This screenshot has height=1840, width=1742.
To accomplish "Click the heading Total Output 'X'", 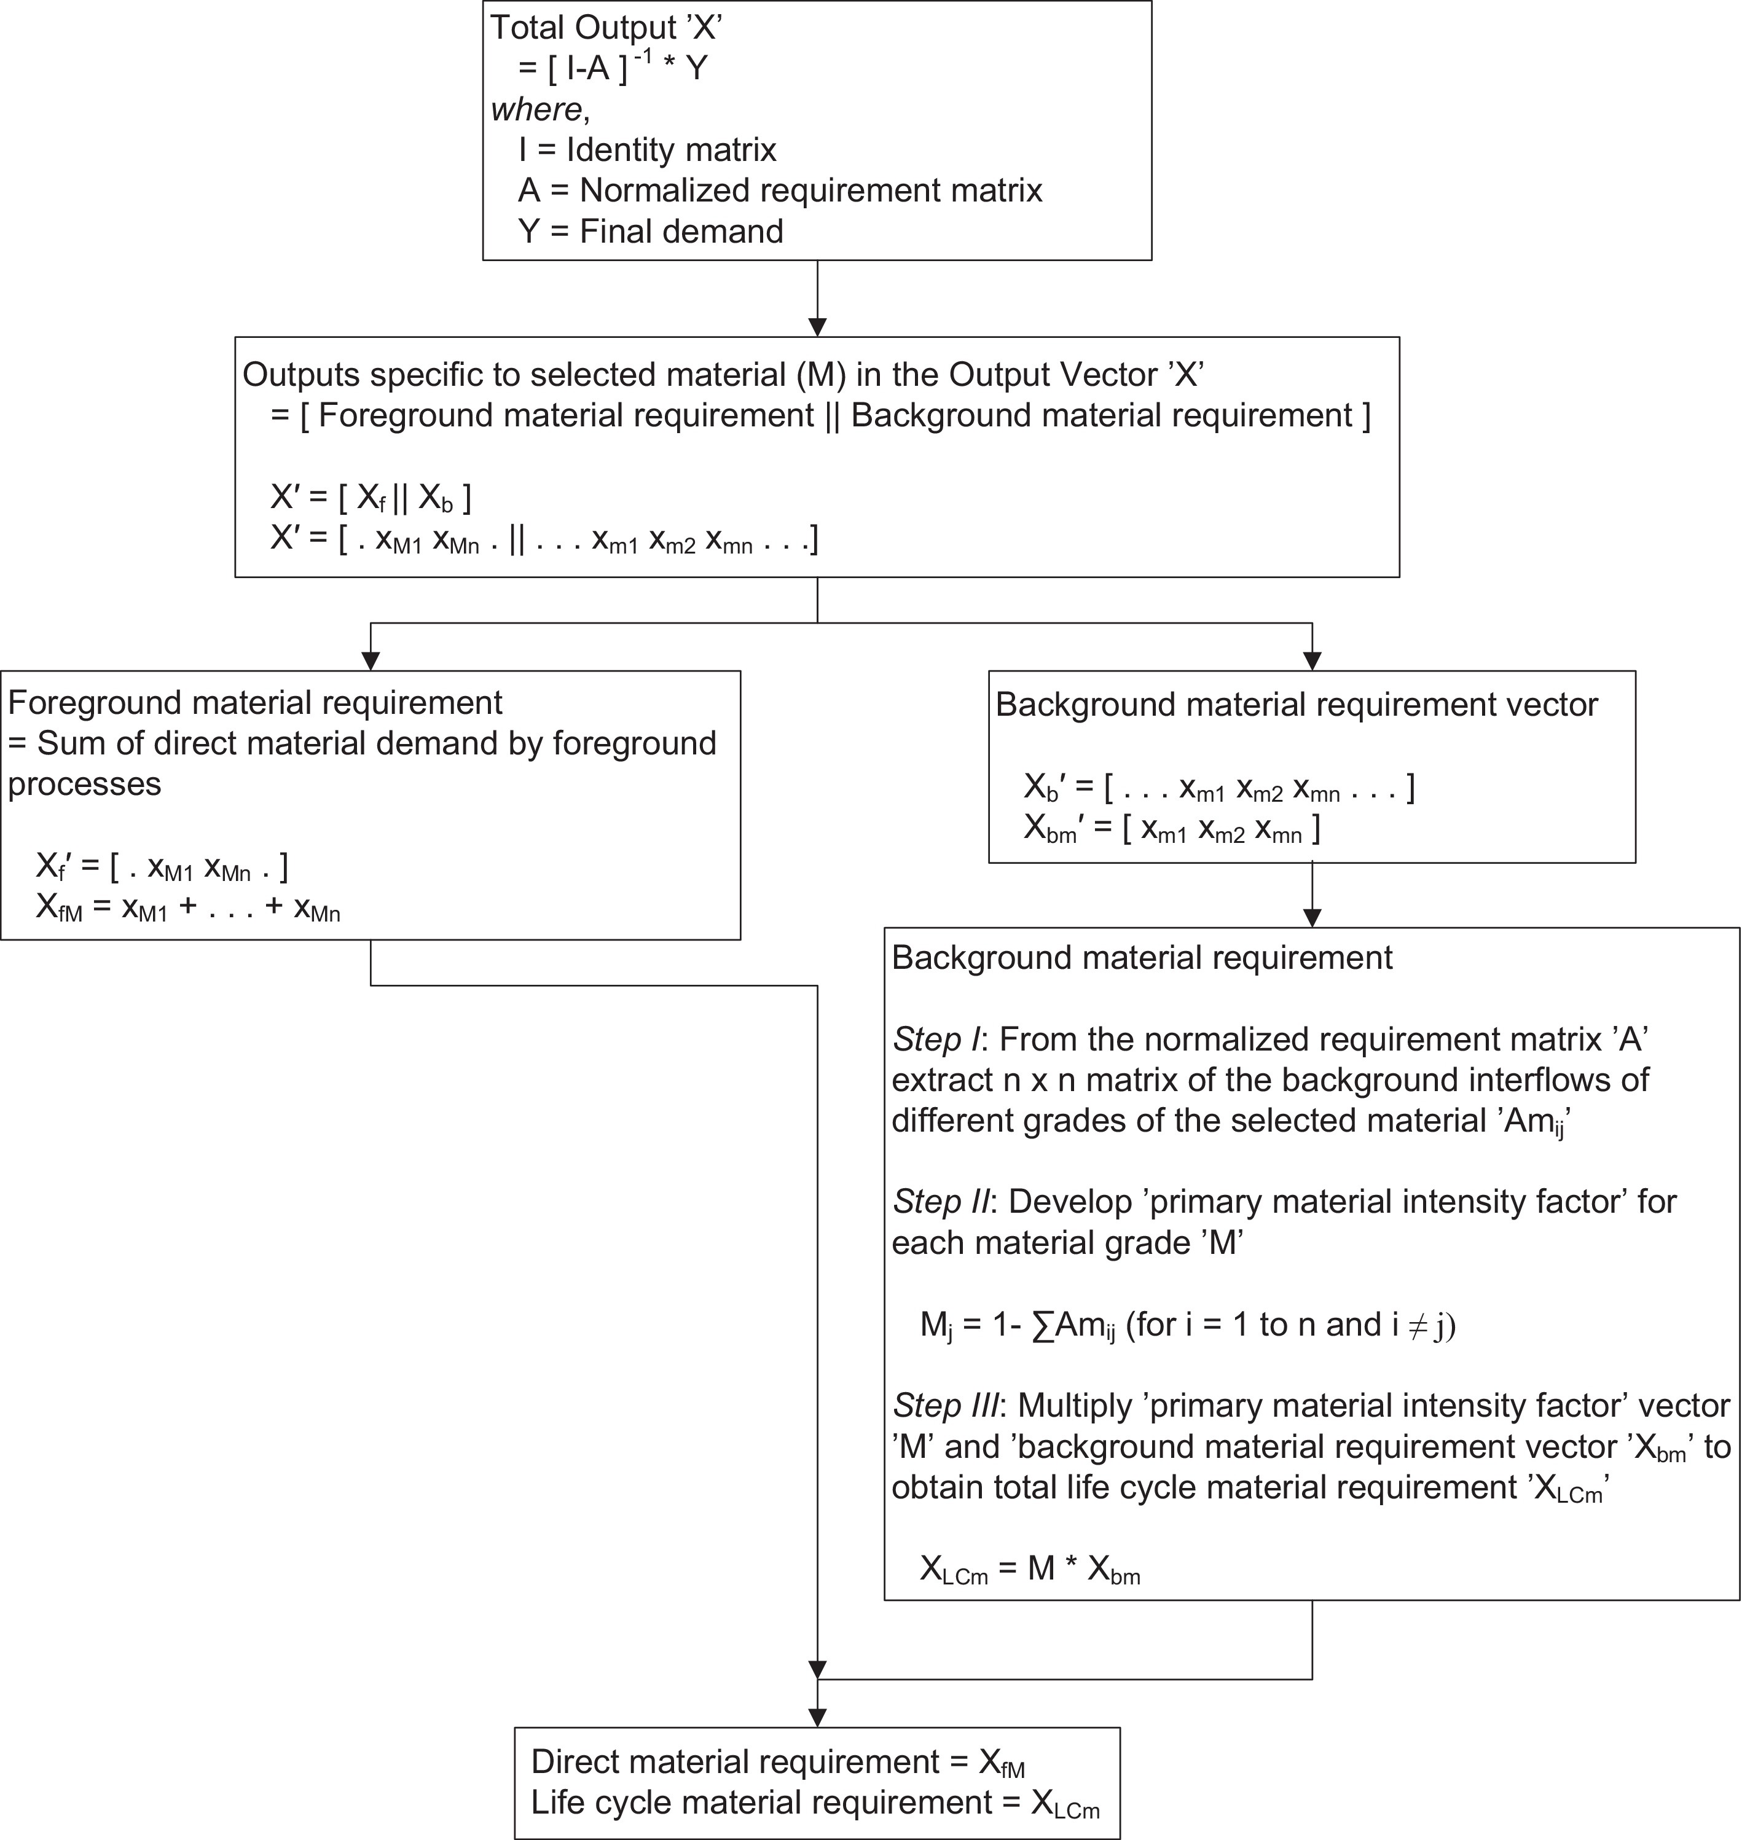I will click(605, 28).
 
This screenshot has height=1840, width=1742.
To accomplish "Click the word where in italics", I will click(536, 109).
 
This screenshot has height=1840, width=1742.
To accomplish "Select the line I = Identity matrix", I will click(646, 149).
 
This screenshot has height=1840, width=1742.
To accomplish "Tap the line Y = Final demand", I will click(650, 230).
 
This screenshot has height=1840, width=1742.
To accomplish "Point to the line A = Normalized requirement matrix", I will click(780, 190).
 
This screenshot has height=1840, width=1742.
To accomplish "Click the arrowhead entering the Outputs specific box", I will click(817, 327).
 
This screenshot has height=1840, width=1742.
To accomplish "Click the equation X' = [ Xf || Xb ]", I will click(371, 498).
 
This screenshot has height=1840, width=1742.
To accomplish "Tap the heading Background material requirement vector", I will click(1297, 705).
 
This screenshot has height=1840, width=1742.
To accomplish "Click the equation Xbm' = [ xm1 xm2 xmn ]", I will click(1172, 828).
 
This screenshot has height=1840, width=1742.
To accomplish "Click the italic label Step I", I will click(937, 1039).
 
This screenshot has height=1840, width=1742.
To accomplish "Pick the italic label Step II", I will click(941, 1202).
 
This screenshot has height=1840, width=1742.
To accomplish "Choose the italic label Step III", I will click(946, 1406).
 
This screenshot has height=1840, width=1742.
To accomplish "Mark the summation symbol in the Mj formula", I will click(1042, 1325).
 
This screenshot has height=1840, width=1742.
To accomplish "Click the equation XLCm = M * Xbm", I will click(1030, 1569).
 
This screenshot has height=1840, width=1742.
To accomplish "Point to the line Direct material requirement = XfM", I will click(777, 1762).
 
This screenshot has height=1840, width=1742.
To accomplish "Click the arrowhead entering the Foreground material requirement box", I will click(371, 661).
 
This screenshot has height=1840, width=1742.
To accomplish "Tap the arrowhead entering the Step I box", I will click(1312, 917).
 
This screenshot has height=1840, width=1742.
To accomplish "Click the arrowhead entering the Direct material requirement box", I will click(817, 1718).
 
